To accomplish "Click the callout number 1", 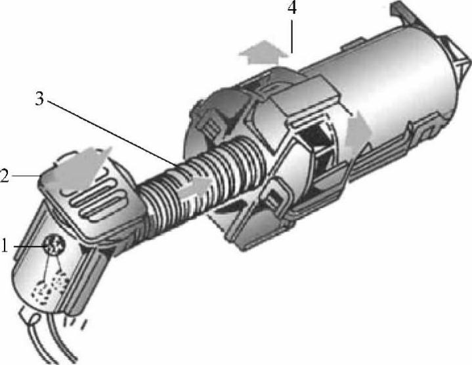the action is click(x=4, y=246).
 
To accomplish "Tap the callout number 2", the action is click(x=4, y=176).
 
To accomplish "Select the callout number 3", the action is click(x=39, y=98).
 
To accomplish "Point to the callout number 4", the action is click(x=291, y=7).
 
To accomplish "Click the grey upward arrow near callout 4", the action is click(x=263, y=52).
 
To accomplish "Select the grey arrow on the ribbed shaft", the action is click(x=196, y=186).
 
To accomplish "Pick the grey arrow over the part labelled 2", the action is click(x=79, y=169).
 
